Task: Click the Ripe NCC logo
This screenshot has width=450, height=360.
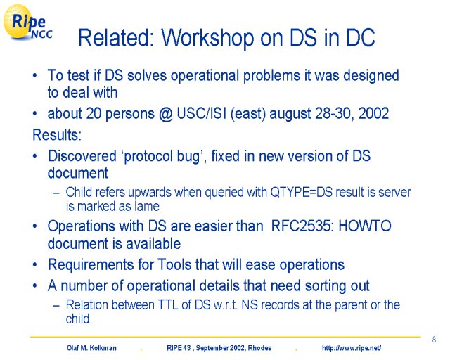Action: pos(28,22)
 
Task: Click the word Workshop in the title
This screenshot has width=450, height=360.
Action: pos(208,37)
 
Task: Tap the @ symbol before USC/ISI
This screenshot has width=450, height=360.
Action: pos(166,114)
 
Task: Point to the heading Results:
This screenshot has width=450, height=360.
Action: pos(57,134)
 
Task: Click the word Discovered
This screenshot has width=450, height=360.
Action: pos(82,156)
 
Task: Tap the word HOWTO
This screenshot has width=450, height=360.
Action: pos(365,226)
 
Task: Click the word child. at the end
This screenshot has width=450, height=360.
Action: pos(79,319)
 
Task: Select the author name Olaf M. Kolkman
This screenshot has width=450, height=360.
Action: pos(91,348)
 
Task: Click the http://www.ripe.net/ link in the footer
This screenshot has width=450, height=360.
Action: pos(352,348)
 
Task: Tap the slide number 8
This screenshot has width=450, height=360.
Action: pos(434,340)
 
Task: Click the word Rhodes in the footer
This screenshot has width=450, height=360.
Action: pos(259,348)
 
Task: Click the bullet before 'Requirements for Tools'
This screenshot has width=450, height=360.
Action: pos(34,264)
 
